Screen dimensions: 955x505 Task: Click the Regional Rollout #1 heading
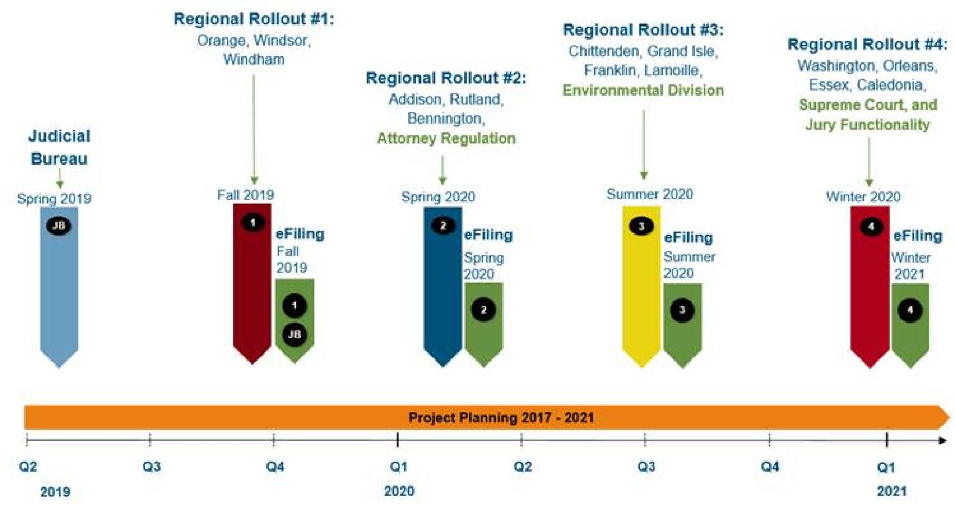click(254, 19)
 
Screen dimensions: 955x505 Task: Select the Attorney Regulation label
click(446, 138)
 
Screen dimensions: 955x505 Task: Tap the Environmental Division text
click(643, 90)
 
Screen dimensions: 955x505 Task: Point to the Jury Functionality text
click(868, 125)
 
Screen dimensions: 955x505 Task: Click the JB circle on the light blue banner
click(59, 225)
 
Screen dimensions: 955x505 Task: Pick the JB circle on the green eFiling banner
click(295, 334)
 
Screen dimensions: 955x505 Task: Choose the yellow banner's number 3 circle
click(641, 226)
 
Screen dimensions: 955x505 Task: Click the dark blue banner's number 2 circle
click(443, 225)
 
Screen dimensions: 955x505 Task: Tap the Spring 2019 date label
click(54, 199)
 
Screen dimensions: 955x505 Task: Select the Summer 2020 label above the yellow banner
click(650, 194)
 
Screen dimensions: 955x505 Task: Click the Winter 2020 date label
click(863, 197)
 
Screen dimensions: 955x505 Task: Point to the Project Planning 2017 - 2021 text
click(501, 418)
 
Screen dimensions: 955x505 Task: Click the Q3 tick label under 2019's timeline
click(151, 466)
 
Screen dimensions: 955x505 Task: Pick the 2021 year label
click(892, 491)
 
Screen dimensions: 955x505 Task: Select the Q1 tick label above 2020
click(399, 466)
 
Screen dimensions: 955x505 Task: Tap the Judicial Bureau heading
click(59, 147)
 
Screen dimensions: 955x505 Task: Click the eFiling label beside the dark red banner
click(300, 234)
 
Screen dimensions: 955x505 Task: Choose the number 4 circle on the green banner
click(910, 310)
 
